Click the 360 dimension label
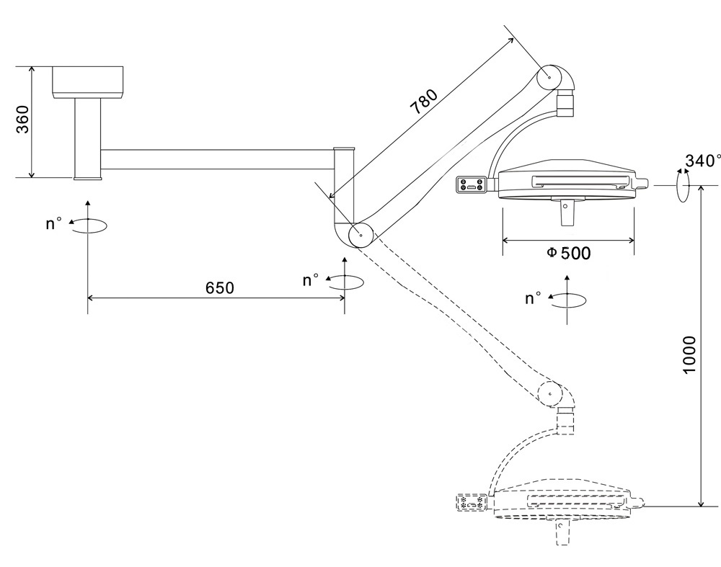(x=22, y=120)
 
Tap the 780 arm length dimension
(x=424, y=102)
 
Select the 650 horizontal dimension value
(x=220, y=288)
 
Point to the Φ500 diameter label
(x=568, y=253)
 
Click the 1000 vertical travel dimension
(x=689, y=354)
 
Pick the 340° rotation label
(x=702, y=161)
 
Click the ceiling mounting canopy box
(x=87, y=83)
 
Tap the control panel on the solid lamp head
(x=472, y=184)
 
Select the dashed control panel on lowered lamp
(x=472, y=502)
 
